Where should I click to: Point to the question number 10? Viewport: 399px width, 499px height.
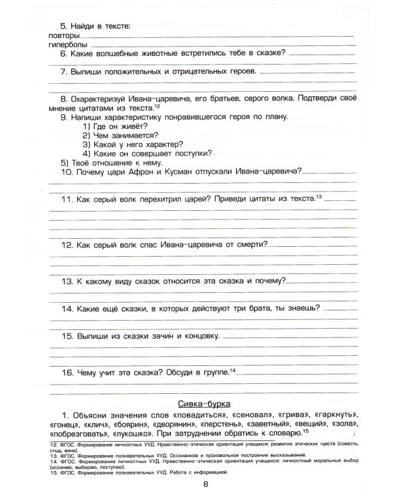(x=67, y=171)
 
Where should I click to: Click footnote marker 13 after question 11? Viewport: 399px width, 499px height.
(x=319, y=196)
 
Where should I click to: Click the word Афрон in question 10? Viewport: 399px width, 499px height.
(x=152, y=171)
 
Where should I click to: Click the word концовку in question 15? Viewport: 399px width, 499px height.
(x=196, y=336)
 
